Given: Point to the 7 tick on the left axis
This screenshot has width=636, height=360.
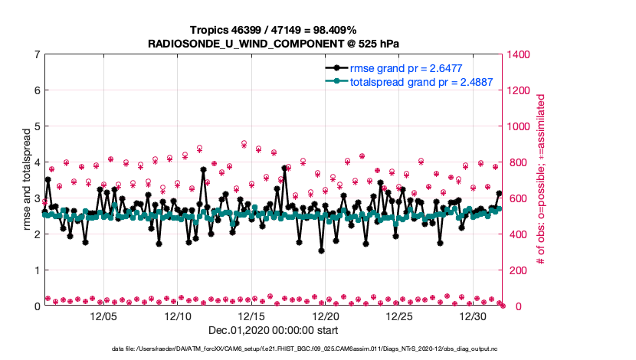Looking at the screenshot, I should tap(37, 54).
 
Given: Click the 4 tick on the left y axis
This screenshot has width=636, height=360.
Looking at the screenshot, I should tap(37, 162).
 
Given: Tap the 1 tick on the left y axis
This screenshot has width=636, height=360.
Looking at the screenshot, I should tap(37, 270).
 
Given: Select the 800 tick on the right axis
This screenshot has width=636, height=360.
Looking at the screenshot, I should tap(515, 162).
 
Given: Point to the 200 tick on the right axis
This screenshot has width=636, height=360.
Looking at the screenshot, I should tap(515, 270).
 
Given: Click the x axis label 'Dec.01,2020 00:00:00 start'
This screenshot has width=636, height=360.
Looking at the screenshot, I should tap(274, 330).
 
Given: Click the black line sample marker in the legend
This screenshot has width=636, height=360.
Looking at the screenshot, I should tap(336, 68).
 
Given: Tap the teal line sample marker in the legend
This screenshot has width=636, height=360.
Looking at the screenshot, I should tap(336, 82).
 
